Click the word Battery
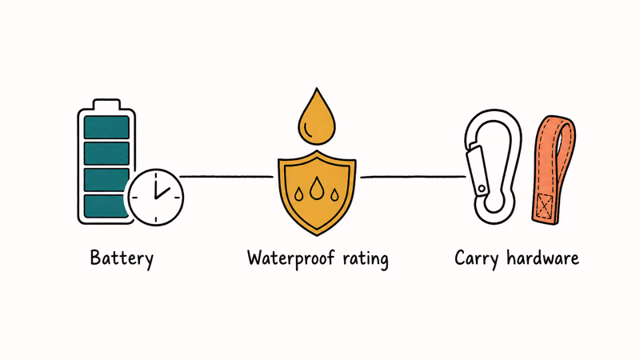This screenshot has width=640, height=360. point(122,258)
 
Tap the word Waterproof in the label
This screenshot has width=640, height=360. point(290,259)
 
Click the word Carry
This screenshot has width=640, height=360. point(476,258)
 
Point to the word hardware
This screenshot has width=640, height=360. point(543,258)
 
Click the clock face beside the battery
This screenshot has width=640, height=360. point(155,197)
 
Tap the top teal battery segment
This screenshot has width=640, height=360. point(106,127)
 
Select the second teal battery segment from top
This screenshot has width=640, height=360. point(106,153)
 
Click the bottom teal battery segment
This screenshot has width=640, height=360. point(106,206)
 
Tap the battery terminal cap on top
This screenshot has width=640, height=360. point(106,104)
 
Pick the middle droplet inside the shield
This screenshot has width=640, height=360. point(316,188)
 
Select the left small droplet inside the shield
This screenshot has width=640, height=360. point(298,194)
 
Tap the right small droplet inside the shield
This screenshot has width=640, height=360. point(334,195)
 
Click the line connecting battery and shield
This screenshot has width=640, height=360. point(226,177)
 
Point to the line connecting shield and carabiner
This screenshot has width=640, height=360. point(413,177)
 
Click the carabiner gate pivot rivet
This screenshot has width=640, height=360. point(482,189)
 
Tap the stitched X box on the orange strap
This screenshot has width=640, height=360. point(545,206)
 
